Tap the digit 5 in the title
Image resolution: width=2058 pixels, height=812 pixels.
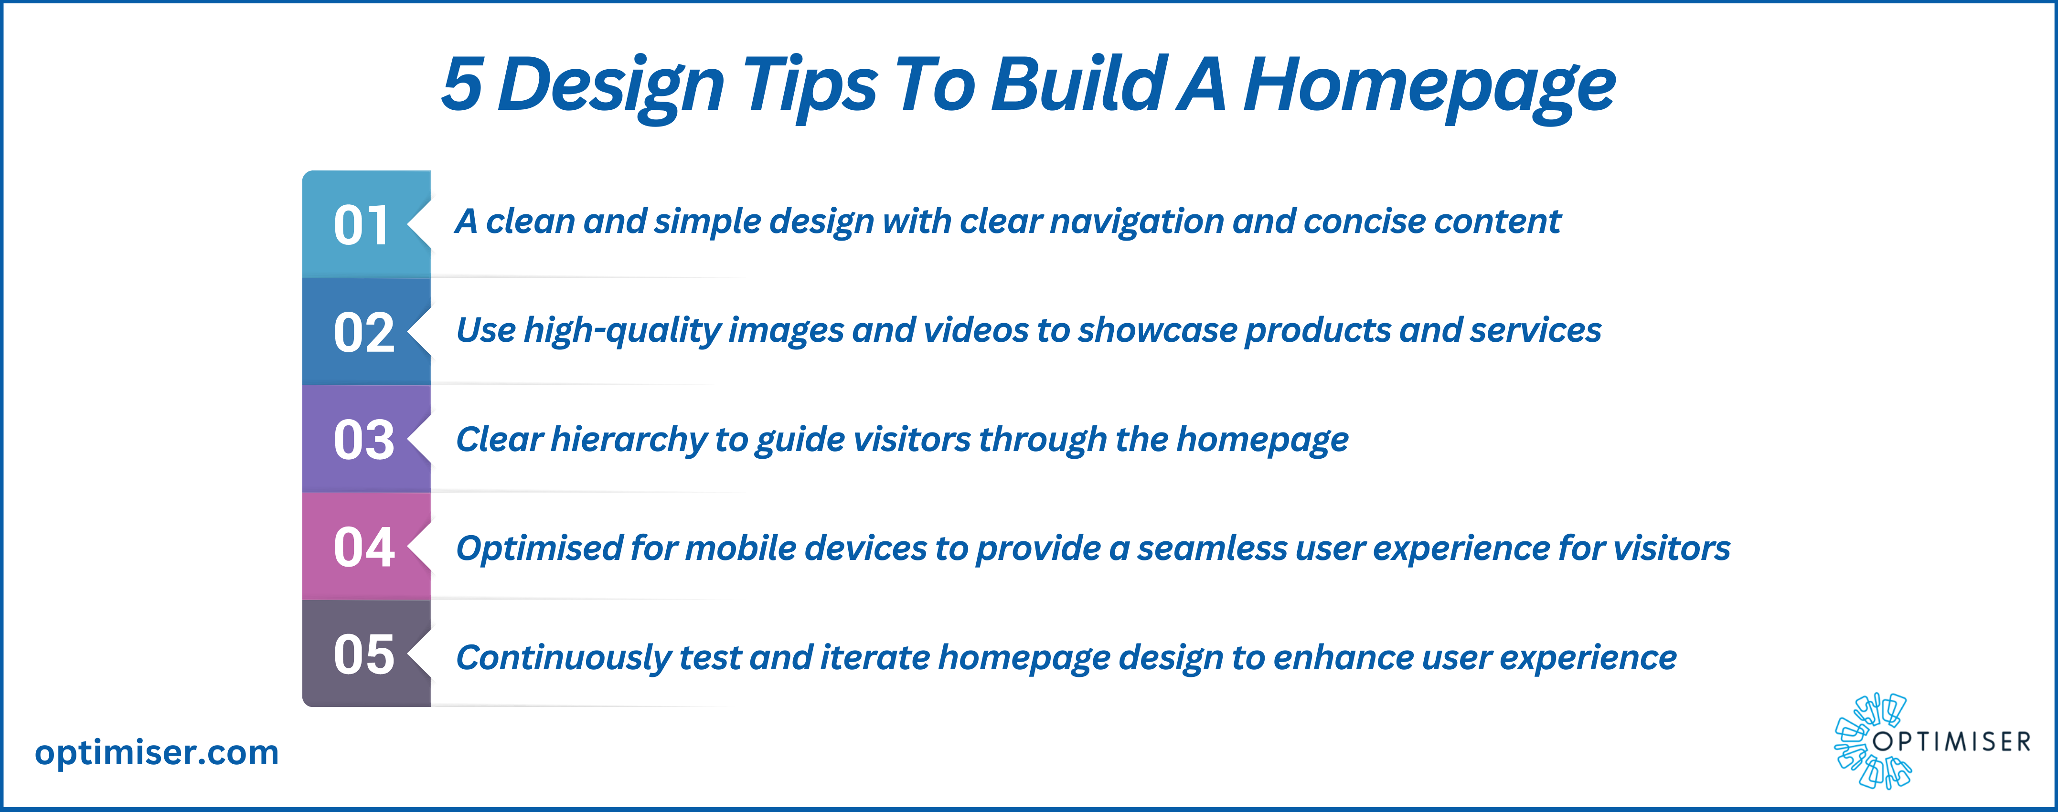tap(463, 84)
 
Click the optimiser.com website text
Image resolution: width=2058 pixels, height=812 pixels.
tap(157, 753)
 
